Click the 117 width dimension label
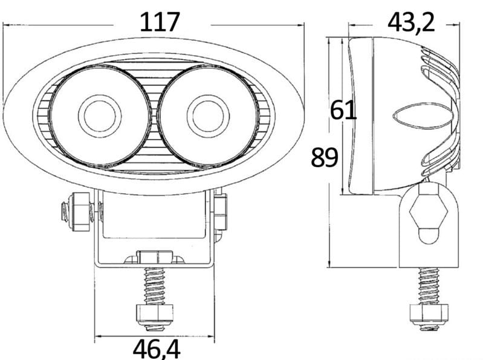click(160, 22)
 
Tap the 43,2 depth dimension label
click(411, 23)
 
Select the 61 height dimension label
click(343, 110)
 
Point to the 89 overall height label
click(325, 157)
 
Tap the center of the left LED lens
click(100, 116)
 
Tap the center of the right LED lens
click(207, 116)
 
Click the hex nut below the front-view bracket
click(154, 316)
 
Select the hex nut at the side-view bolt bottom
click(429, 314)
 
